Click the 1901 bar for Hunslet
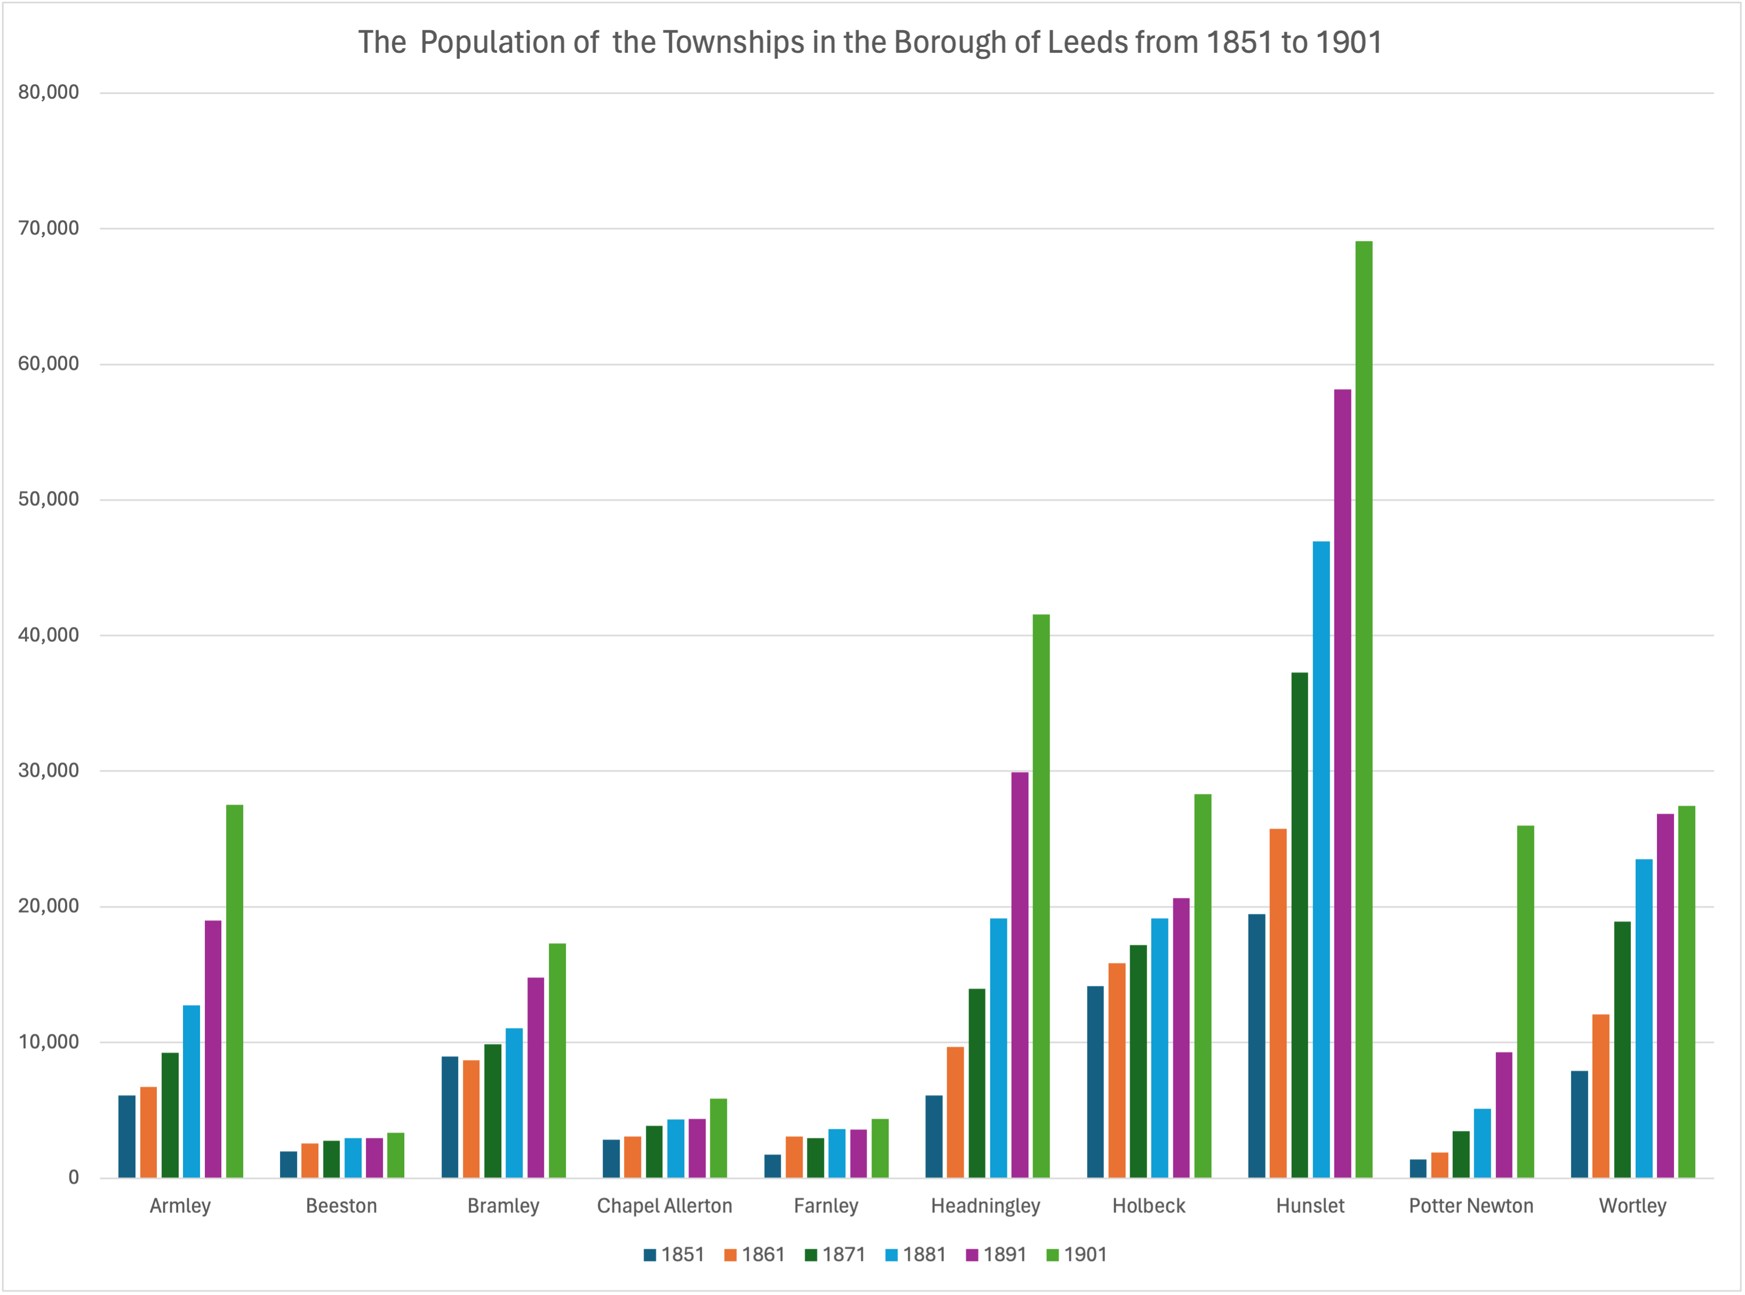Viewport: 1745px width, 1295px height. pyautogui.click(x=1364, y=710)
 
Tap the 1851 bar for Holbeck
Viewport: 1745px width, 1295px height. pyautogui.click(x=1095, y=1082)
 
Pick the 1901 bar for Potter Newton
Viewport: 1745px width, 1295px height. pyautogui.click(x=1525, y=1001)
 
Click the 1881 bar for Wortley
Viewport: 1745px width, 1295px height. pyautogui.click(x=1644, y=1018)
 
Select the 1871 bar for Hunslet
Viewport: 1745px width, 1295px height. pyautogui.click(x=1300, y=925)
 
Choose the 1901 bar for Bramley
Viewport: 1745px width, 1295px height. pyautogui.click(x=557, y=1060)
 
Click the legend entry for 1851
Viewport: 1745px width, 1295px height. pyautogui.click(x=674, y=1254)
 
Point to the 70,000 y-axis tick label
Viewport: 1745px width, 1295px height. pyautogui.click(x=49, y=228)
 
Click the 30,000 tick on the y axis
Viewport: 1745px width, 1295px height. pyautogui.click(x=49, y=770)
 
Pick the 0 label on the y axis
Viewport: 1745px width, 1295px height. pyautogui.click(x=74, y=1177)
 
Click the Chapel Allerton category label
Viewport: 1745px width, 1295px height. pyautogui.click(x=665, y=1205)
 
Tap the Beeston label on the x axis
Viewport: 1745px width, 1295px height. pyautogui.click(x=341, y=1205)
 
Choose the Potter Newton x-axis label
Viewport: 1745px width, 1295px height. pyautogui.click(x=1471, y=1205)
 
